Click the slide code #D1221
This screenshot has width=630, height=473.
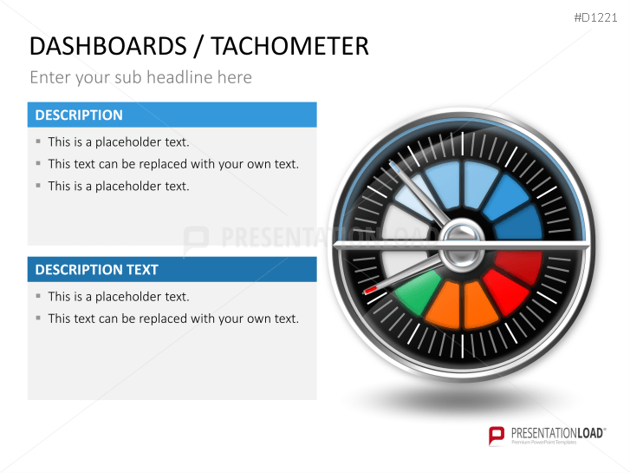click(x=598, y=17)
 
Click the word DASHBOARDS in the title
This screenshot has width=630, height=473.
click(x=107, y=46)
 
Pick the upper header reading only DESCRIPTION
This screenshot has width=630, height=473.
click(x=79, y=115)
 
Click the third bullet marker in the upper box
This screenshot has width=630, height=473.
click(x=38, y=186)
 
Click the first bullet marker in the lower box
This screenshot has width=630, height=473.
click(x=38, y=297)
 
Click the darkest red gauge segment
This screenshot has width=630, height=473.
click(x=517, y=261)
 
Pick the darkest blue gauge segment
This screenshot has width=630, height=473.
click(x=519, y=223)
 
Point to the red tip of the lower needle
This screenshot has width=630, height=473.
click(x=371, y=290)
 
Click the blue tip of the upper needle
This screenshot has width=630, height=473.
click(x=394, y=164)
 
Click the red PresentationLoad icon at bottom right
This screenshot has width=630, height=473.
click(x=496, y=435)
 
